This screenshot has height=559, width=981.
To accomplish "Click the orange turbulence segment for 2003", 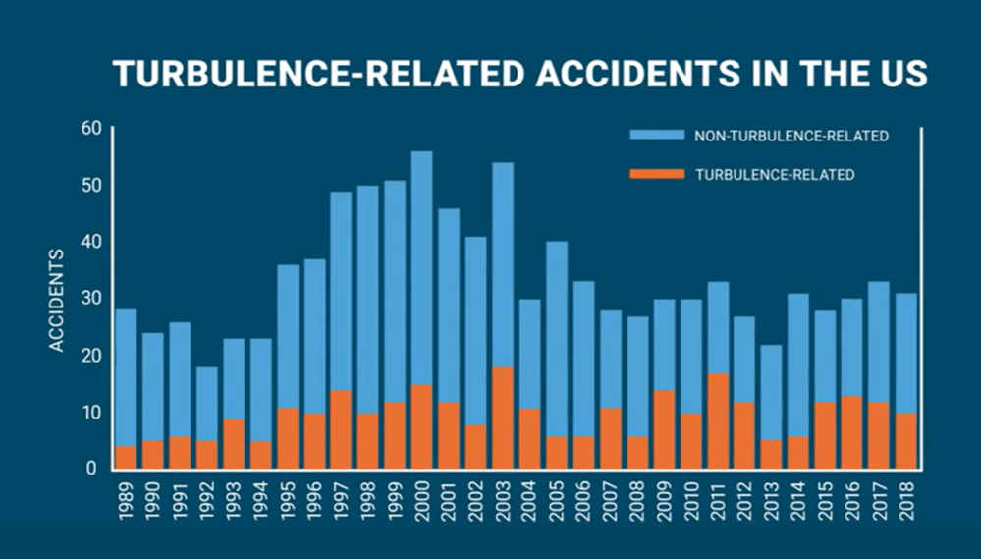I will click(503, 417).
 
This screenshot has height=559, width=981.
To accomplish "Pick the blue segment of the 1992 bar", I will click(207, 404).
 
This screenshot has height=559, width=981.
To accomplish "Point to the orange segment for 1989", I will click(127, 457).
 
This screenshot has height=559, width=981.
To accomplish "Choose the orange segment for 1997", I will click(342, 428).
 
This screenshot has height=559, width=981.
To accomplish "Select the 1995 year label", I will click(288, 502).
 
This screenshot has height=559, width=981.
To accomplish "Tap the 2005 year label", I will click(557, 502).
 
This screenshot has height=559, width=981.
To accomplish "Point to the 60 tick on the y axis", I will click(91, 128).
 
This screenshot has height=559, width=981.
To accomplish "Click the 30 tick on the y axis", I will click(91, 299).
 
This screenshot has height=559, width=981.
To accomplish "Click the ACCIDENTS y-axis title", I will click(57, 301).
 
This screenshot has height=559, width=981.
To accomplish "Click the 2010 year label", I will click(691, 502).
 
